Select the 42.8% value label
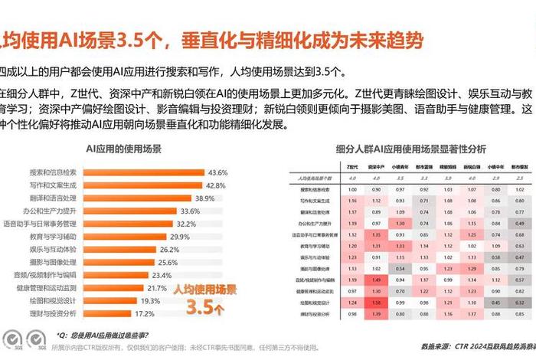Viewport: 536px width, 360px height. [x=215, y=185]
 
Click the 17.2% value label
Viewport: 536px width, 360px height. [x=145, y=313]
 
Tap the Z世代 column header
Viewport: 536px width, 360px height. [x=352, y=165]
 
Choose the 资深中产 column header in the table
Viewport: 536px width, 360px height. [x=376, y=165]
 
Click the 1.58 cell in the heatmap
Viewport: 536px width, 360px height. [x=376, y=303]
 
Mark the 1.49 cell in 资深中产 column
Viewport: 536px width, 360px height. [x=376, y=280]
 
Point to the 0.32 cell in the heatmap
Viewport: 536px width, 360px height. [x=520, y=303]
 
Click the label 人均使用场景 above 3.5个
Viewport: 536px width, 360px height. [x=204, y=290]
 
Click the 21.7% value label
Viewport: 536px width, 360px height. [x=157, y=288]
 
